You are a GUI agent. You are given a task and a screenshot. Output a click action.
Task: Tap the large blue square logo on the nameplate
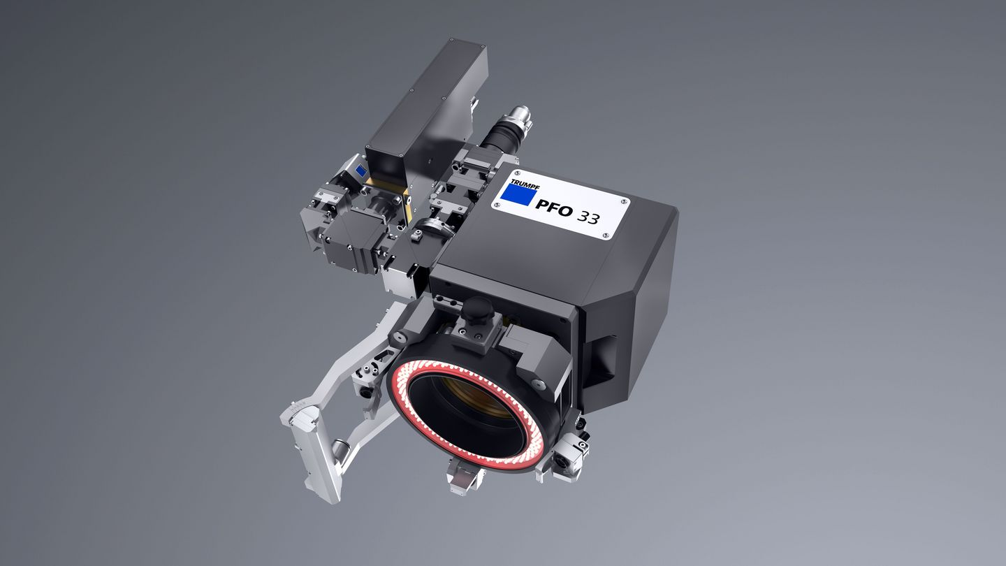click(x=518, y=194)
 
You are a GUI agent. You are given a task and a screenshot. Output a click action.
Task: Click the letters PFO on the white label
click(x=554, y=208)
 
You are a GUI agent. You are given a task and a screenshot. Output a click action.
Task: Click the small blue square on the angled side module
click(x=360, y=170)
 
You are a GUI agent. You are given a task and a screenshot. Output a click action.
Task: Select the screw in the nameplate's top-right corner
click(x=623, y=201)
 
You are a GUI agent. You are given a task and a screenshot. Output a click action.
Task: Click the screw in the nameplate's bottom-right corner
click(x=605, y=235)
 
